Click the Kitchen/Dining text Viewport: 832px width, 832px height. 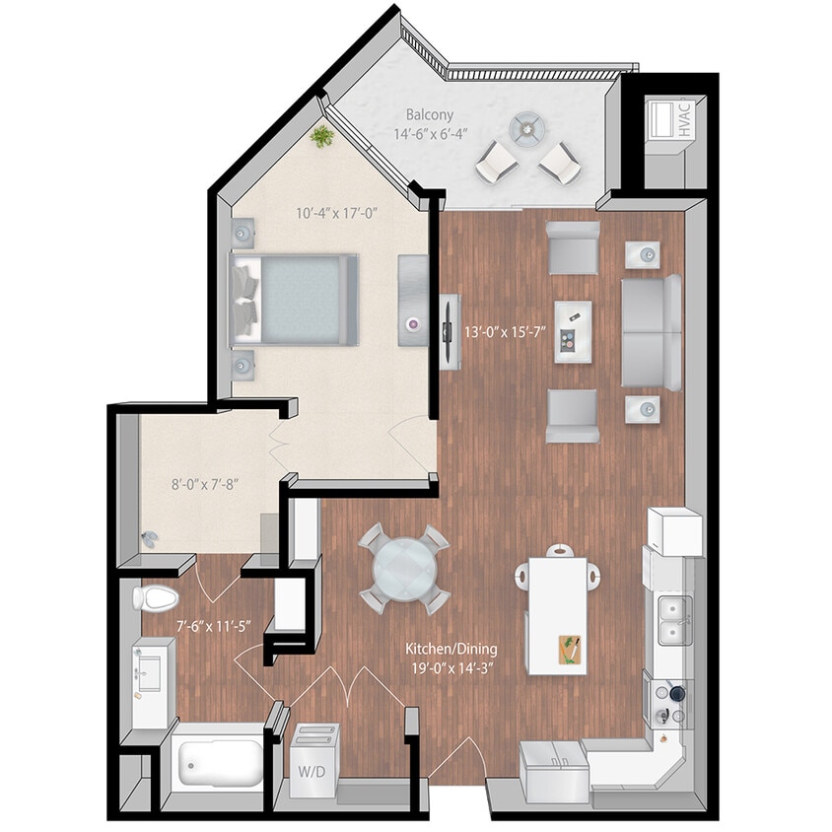(x=451, y=650)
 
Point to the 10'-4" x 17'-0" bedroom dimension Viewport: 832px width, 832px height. (x=338, y=212)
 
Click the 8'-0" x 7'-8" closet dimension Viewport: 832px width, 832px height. (x=205, y=484)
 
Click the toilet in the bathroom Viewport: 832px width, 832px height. (x=155, y=596)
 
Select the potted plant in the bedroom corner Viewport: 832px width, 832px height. (x=321, y=136)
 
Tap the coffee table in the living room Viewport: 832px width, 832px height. (x=572, y=331)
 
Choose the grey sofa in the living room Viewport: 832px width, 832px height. (x=651, y=331)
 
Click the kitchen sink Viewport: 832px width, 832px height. (x=672, y=620)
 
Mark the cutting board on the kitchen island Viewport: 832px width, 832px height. (x=571, y=650)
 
